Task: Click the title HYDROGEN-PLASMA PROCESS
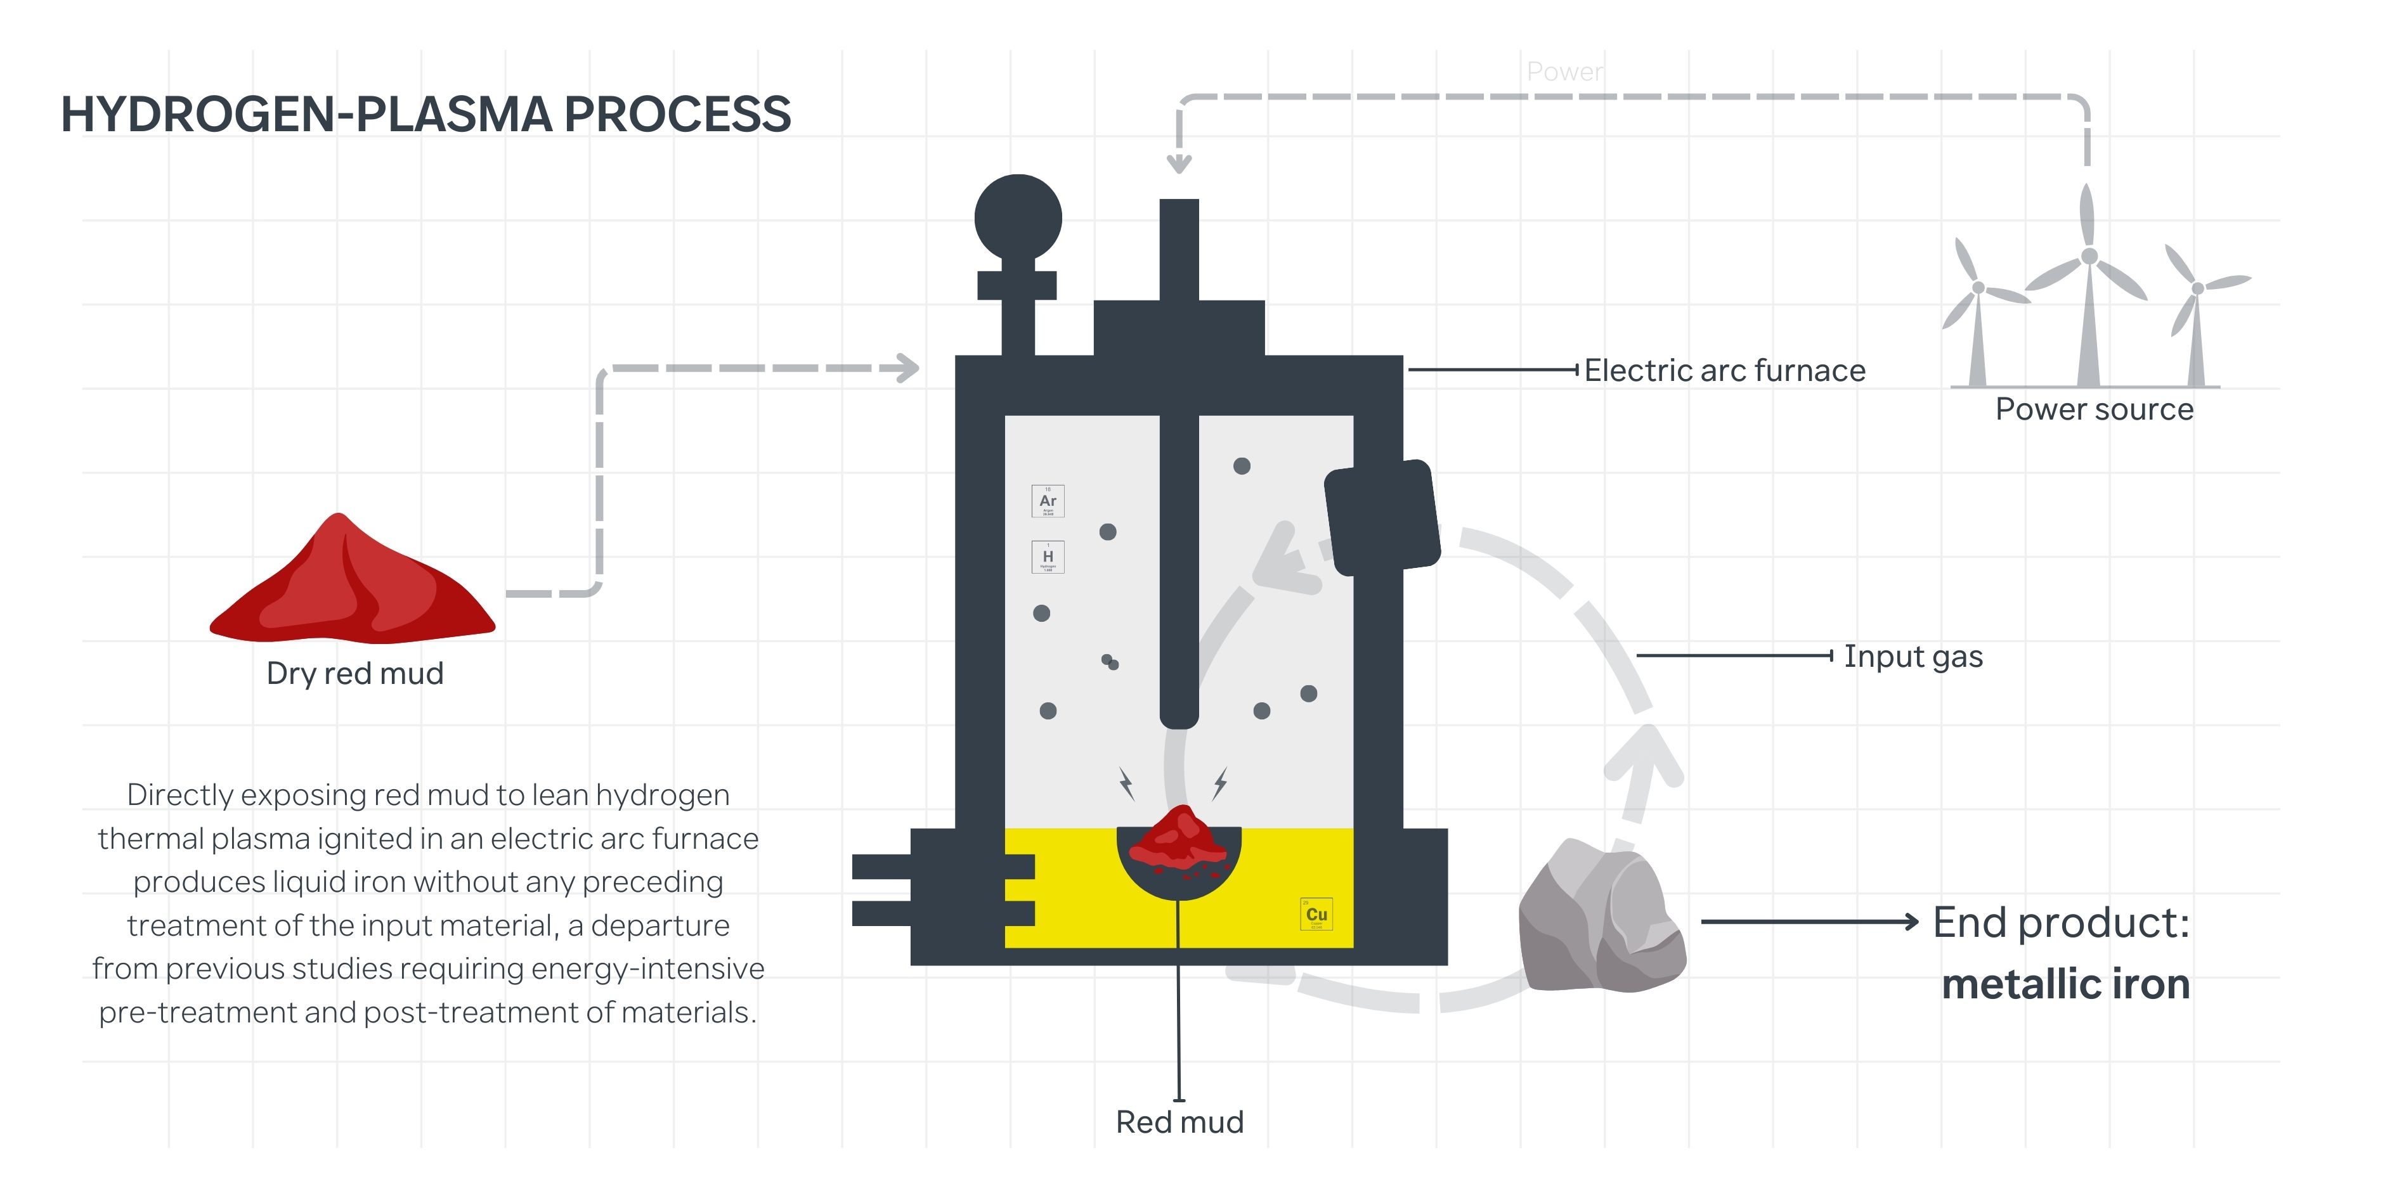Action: click(425, 114)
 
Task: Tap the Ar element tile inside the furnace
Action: click(1048, 501)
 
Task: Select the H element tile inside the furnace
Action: click(1048, 557)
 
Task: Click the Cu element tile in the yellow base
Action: click(1316, 913)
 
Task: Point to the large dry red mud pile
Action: click(352, 586)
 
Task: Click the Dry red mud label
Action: click(354, 673)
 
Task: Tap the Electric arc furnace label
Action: click(1724, 370)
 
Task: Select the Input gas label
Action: click(1913, 657)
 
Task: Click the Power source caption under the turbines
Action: click(2094, 409)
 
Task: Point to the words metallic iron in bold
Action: click(2066, 984)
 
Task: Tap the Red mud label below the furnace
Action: click(1179, 1122)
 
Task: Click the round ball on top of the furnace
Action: click(1018, 217)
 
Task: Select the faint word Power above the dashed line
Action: click(1564, 72)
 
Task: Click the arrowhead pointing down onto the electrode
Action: click(1179, 165)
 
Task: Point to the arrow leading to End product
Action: click(1809, 922)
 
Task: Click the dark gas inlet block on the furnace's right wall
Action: click(1382, 516)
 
